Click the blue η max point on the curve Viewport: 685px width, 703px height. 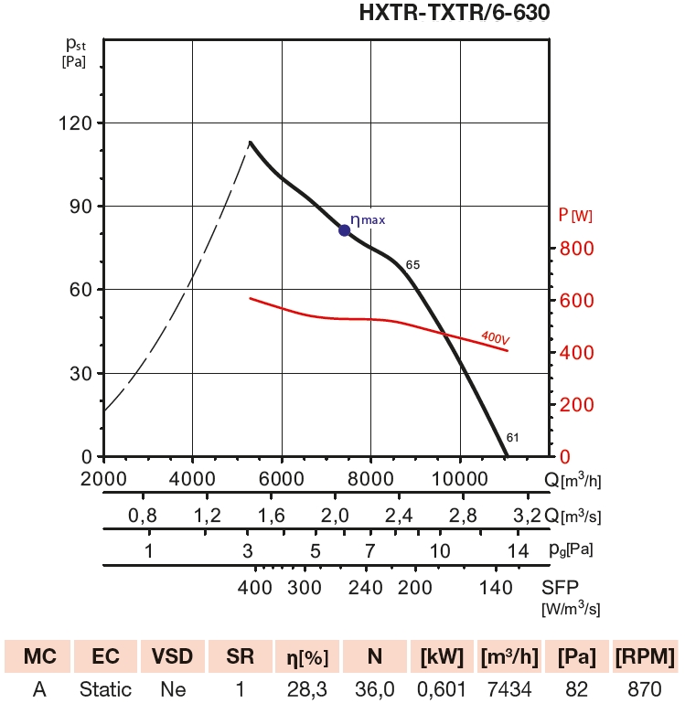coord(345,230)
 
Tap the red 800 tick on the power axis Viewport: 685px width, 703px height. coord(578,249)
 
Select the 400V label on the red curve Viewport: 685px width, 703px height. coord(494,339)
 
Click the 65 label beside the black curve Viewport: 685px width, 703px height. coord(412,265)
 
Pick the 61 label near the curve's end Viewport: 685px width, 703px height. coord(512,438)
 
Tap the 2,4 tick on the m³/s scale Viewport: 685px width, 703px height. coord(400,516)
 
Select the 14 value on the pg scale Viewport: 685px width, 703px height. coord(519,551)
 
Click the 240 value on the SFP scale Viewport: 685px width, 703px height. coord(365,587)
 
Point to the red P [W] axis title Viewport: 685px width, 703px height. coord(575,216)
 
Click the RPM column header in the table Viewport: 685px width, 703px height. coord(646,657)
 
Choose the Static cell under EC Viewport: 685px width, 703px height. coord(105,689)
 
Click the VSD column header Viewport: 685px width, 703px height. coord(171,657)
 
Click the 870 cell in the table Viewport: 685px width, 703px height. coord(646,689)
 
